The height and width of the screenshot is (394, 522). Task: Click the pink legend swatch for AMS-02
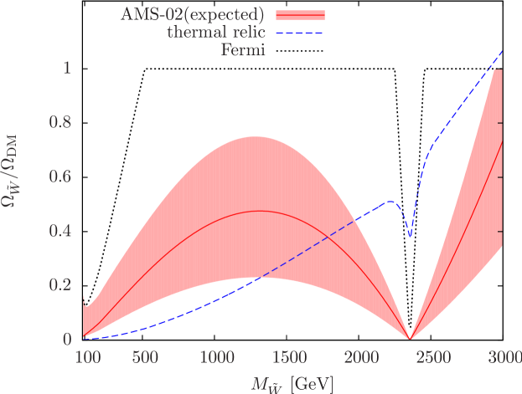pyautogui.click(x=297, y=14)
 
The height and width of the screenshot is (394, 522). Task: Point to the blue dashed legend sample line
pyautogui.click(x=297, y=33)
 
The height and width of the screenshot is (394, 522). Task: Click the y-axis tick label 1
pyautogui.click(x=66, y=69)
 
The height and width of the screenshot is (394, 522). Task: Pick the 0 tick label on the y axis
pyautogui.click(x=66, y=340)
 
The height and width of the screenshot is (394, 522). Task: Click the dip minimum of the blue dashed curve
pyautogui.click(x=410, y=237)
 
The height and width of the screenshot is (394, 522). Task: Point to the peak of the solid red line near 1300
pyautogui.click(x=260, y=211)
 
